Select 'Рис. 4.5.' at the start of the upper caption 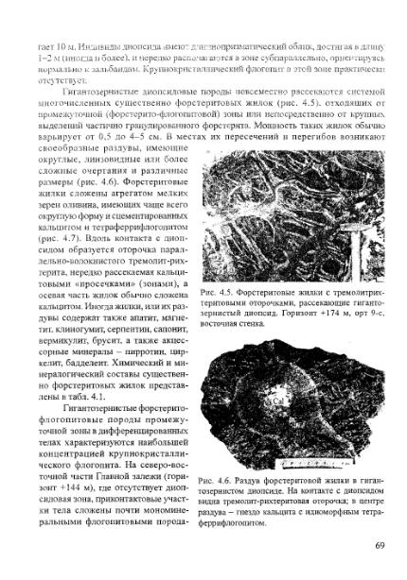coord(219,268)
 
